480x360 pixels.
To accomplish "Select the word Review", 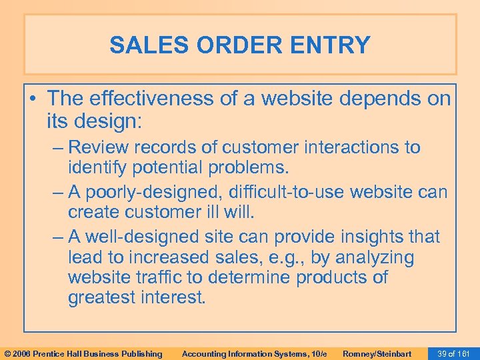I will tap(101, 147).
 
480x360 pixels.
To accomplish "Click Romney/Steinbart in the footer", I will tap(377, 353).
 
